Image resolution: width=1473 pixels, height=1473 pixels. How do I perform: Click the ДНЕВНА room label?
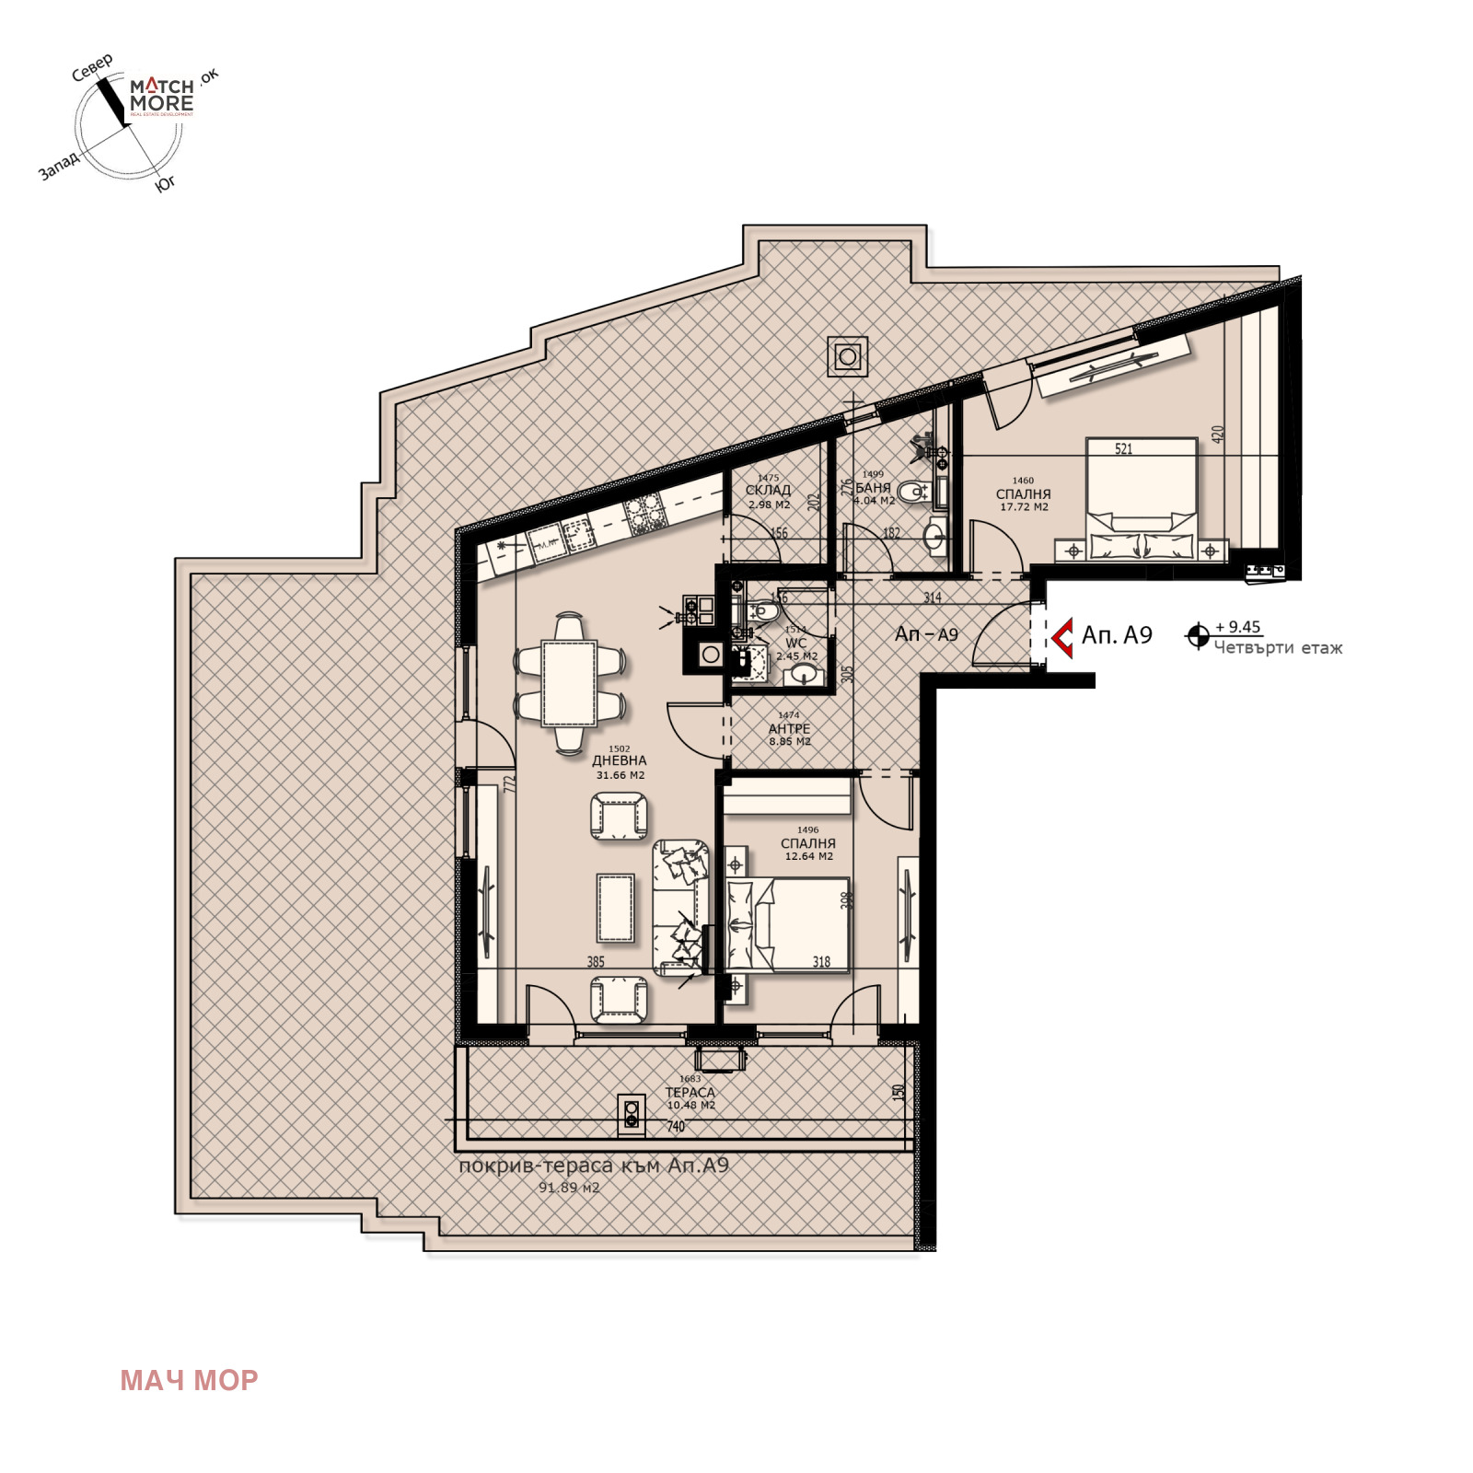pyautogui.click(x=620, y=761)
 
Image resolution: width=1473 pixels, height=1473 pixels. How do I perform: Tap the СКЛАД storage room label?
pyautogui.click(x=768, y=491)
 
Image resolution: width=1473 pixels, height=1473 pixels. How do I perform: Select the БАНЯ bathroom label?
pyautogui.click(x=873, y=488)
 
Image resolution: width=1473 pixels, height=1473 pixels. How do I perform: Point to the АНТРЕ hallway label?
pyautogui.click(x=789, y=729)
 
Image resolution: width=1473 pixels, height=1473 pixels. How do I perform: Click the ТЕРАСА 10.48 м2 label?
pyautogui.click(x=690, y=1093)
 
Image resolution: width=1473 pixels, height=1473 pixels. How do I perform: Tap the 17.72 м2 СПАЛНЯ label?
pyautogui.click(x=1023, y=494)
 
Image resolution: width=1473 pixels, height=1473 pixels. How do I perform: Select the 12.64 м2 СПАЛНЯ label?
pyautogui.click(x=808, y=843)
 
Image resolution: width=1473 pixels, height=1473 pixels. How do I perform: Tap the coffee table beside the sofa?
pyautogui.click(x=615, y=908)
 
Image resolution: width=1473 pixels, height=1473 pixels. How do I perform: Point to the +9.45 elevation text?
pyautogui.click(x=1237, y=627)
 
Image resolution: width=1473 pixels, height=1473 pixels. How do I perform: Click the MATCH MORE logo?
pyautogui.click(x=161, y=95)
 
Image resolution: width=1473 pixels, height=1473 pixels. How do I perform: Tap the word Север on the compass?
pyautogui.click(x=92, y=67)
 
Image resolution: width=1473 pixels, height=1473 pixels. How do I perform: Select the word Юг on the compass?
pyautogui.click(x=165, y=184)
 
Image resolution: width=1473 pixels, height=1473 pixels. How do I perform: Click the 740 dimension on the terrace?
pyautogui.click(x=676, y=1126)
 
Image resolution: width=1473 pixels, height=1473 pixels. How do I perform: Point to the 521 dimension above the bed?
pyautogui.click(x=1123, y=449)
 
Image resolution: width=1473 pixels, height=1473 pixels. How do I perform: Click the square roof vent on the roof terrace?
pyautogui.click(x=847, y=355)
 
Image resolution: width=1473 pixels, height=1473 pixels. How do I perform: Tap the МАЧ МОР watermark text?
pyautogui.click(x=189, y=1380)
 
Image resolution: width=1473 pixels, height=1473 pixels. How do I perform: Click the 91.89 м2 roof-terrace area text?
pyautogui.click(x=569, y=1188)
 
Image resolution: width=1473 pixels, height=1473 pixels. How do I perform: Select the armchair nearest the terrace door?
pyautogui.click(x=618, y=1000)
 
